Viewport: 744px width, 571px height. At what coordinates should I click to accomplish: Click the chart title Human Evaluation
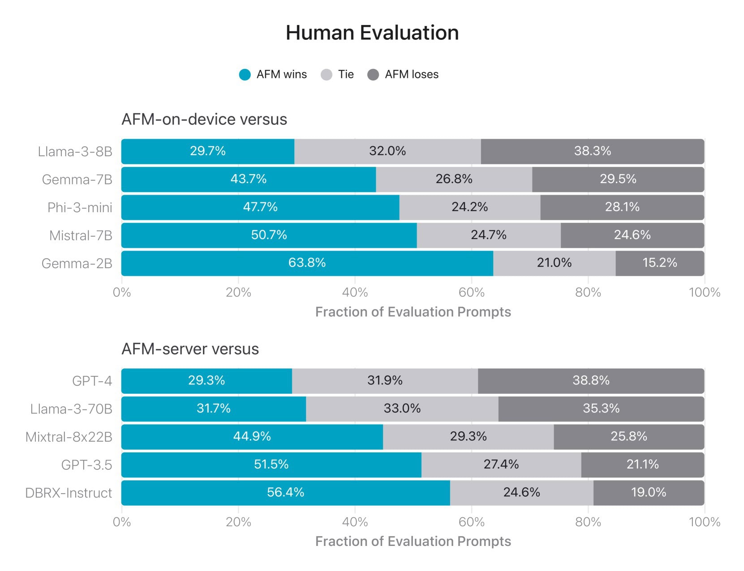(x=372, y=33)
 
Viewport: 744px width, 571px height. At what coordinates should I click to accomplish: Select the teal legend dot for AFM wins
(x=245, y=75)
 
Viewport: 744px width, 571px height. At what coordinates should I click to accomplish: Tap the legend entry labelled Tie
(x=345, y=74)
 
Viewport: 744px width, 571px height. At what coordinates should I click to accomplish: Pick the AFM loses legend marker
(x=373, y=75)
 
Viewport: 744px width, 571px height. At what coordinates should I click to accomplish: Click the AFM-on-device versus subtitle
(x=204, y=119)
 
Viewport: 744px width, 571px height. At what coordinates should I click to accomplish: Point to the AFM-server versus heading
(x=190, y=349)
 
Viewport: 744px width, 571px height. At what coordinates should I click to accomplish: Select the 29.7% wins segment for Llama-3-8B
(x=208, y=151)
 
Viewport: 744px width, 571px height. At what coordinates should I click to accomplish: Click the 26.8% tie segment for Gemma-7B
(x=454, y=179)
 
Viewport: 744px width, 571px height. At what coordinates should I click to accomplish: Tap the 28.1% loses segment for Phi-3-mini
(x=622, y=207)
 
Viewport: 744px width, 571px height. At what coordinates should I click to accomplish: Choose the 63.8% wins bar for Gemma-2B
(x=307, y=263)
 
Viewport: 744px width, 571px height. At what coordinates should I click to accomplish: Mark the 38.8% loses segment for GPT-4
(x=591, y=381)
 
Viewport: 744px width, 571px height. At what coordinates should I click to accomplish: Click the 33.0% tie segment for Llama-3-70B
(x=402, y=409)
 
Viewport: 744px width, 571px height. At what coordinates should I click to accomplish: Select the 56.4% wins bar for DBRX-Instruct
(x=285, y=493)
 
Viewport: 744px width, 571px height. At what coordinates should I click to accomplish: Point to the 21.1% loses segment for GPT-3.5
(x=642, y=464)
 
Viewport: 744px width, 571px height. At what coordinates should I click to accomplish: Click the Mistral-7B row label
(x=81, y=235)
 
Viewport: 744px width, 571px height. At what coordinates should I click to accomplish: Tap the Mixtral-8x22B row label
(x=69, y=437)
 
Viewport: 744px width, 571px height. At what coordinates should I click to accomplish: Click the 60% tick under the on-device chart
(x=471, y=293)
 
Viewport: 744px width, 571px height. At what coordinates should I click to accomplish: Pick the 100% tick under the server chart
(x=704, y=522)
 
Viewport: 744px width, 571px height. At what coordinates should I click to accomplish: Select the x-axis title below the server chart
(x=413, y=541)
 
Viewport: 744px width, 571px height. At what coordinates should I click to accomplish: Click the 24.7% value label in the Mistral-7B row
(x=488, y=235)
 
